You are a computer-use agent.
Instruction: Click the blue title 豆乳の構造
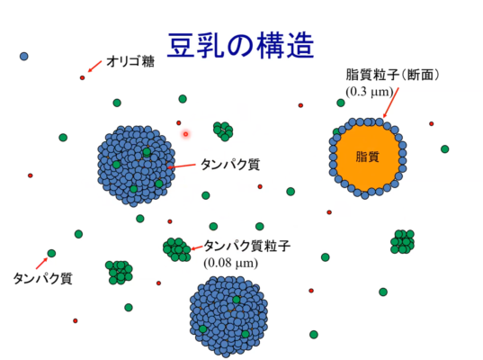tap(240, 46)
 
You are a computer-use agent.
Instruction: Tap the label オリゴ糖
tap(130, 61)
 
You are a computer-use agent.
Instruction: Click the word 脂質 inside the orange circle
tap(367, 157)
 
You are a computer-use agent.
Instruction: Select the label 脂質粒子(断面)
tap(392, 75)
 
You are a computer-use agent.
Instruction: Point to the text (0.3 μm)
tap(370, 92)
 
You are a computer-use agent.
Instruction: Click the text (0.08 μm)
tap(231, 263)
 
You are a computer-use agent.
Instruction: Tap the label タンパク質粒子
tap(247, 246)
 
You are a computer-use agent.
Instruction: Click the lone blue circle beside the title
tap(24, 57)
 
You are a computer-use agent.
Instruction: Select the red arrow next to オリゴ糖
tap(94, 67)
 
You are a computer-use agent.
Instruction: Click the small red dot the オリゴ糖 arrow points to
tap(82, 77)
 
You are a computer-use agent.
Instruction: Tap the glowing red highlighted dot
tap(186, 134)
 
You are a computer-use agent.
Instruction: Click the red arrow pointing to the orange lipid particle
tap(390, 103)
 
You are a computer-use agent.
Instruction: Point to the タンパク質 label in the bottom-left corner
tap(42, 279)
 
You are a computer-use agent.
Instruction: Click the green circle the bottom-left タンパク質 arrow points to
tap(51, 254)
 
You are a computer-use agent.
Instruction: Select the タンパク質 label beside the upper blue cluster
tap(230, 165)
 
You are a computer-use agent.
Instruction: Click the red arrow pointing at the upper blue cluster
tap(182, 166)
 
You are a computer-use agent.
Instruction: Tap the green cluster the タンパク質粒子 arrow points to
tap(177, 249)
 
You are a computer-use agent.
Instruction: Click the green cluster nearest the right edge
tap(402, 241)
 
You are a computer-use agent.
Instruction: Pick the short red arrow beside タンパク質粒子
tap(197, 247)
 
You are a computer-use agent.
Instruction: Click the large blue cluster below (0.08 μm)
tap(228, 317)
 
